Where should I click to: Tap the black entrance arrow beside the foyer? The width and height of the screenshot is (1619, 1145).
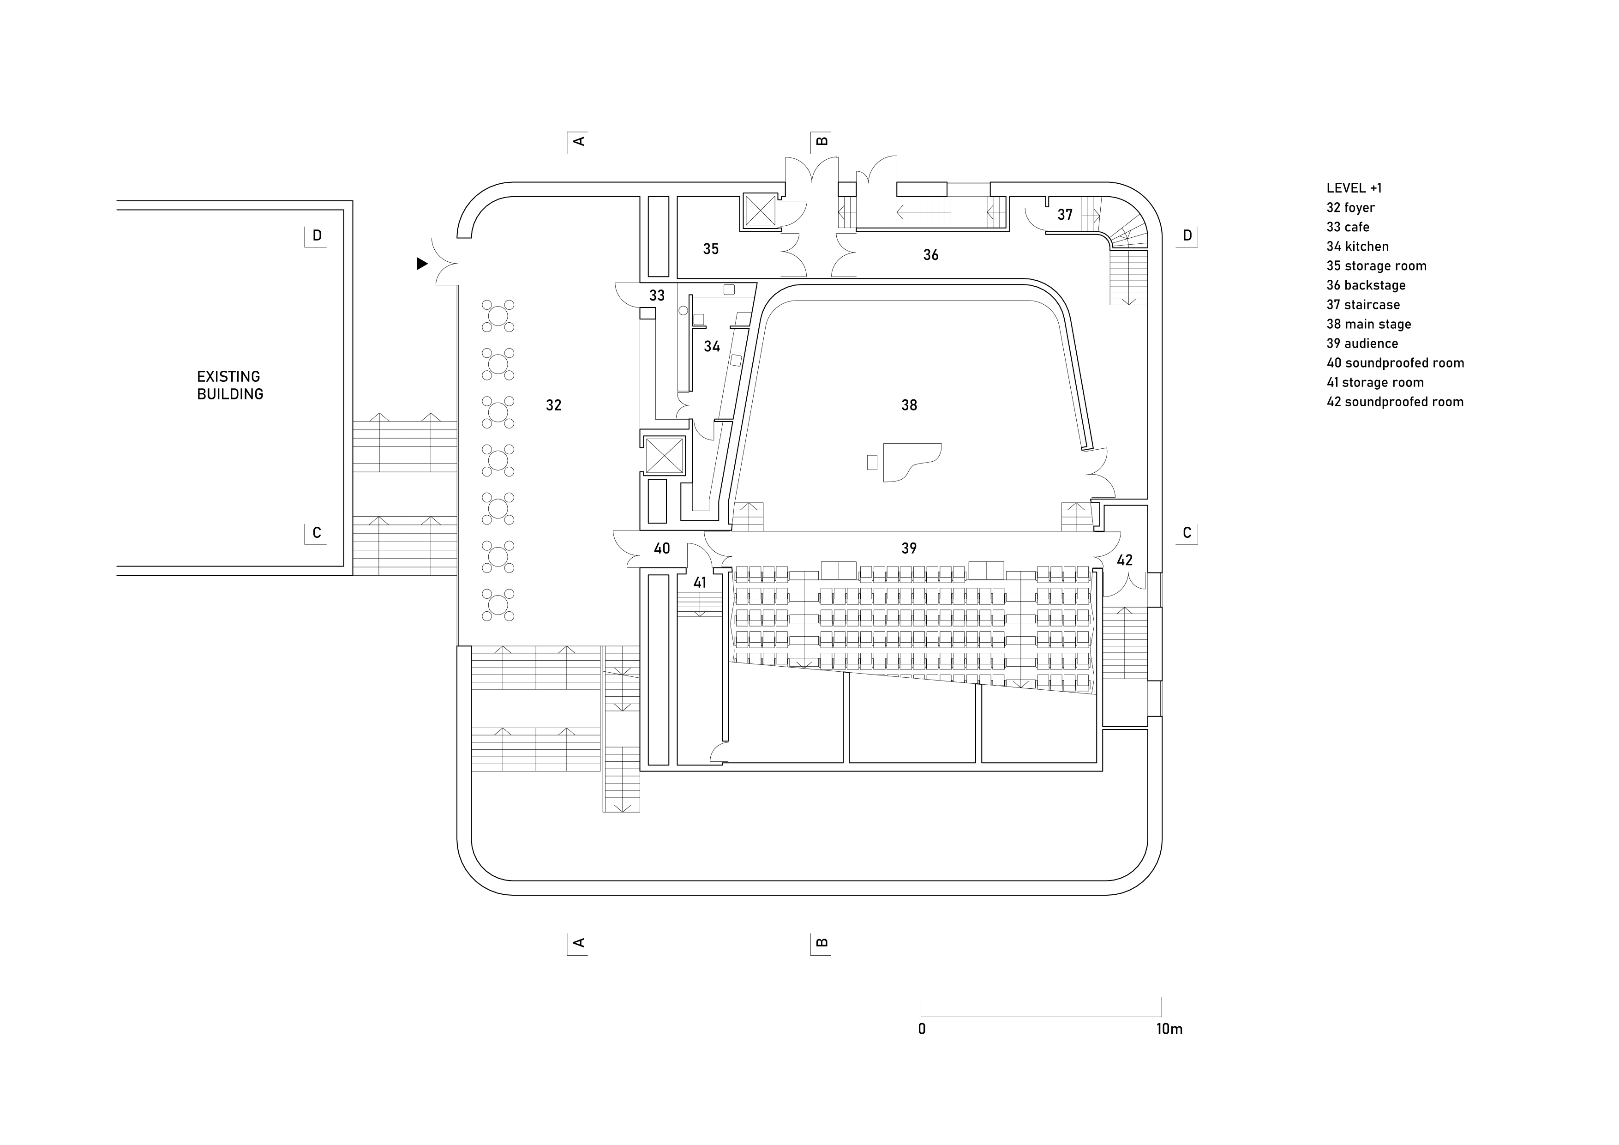coord(422,264)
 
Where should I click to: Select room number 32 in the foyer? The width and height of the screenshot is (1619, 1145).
coord(553,405)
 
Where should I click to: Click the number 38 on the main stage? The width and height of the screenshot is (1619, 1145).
coord(909,405)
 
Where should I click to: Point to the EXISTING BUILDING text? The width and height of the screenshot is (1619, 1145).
coord(230,385)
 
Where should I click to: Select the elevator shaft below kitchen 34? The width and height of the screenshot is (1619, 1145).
coord(664,455)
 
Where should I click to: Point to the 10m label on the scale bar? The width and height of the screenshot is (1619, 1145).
coord(1169,1029)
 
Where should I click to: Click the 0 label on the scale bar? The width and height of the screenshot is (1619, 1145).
coord(922,1029)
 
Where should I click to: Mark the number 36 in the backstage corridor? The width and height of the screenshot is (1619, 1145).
coord(931,255)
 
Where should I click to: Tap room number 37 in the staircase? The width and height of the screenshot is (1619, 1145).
coord(1065,215)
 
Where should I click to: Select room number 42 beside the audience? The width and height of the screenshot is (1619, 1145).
coord(1125,560)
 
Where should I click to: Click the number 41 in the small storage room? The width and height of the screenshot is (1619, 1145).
coord(700,583)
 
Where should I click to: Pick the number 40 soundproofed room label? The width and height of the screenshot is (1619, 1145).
coord(661,548)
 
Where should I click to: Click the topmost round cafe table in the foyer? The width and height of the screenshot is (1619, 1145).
coord(498,315)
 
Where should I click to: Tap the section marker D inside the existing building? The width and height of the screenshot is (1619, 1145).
coord(317,235)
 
